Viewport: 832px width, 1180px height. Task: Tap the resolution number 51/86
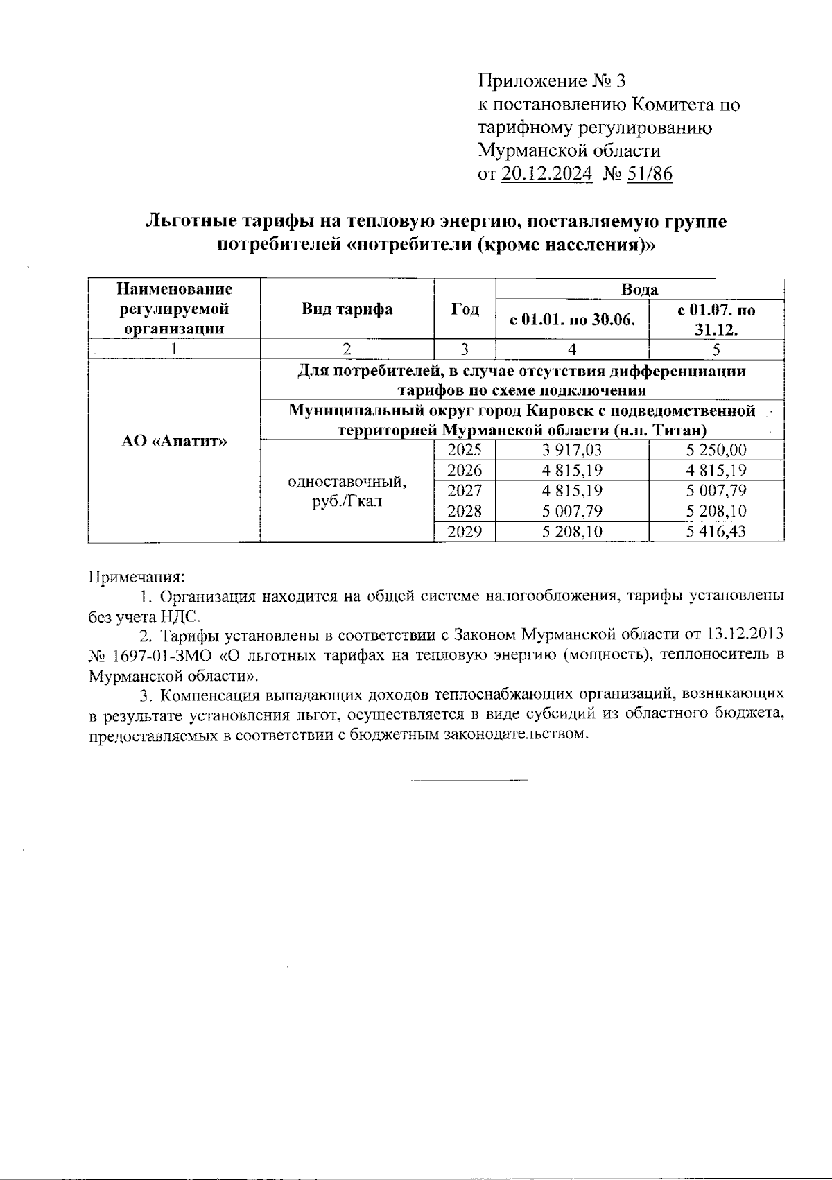[650, 173]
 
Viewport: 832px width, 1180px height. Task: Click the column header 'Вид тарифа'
[347, 309]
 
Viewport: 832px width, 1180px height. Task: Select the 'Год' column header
[465, 309]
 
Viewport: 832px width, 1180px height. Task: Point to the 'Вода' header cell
[640, 289]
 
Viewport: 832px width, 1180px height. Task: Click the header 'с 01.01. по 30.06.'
[573, 320]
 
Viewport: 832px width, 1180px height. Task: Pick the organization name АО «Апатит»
[174, 442]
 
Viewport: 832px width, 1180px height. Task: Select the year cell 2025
[465, 450]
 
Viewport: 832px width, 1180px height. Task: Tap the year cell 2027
[465, 491]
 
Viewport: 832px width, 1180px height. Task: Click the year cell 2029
[465, 532]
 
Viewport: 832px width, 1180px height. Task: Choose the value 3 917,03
[572, 450]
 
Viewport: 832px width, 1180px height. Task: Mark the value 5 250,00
[716, 450]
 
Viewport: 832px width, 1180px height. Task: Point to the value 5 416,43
[716, 532]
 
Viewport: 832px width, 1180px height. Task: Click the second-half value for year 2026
[716, 471]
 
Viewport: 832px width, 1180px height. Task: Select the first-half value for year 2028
[572, 512]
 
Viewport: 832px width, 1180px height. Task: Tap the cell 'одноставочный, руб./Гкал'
[347, 490]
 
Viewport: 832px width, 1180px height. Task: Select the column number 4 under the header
[572, 349]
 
